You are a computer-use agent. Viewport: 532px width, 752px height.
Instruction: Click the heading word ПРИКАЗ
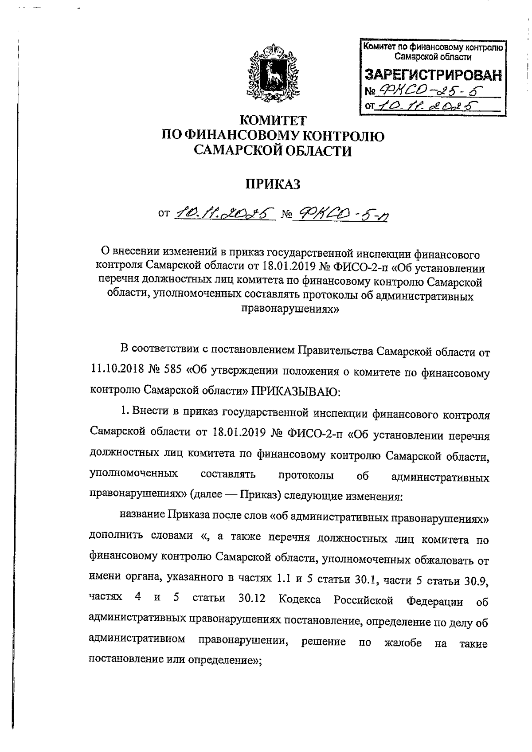click(x=273, y=183)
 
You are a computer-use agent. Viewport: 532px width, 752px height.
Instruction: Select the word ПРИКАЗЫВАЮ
click(x=295, y=390)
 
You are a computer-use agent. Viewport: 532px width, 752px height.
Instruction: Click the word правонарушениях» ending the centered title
click(x=289, y=309)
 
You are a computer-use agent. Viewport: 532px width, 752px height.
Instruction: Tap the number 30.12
click(x=251, y=599)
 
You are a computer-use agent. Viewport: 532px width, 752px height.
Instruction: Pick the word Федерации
click(x=434, y=601)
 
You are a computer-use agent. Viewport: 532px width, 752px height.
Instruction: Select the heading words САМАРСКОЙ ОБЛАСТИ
click(x=273, y=152)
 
